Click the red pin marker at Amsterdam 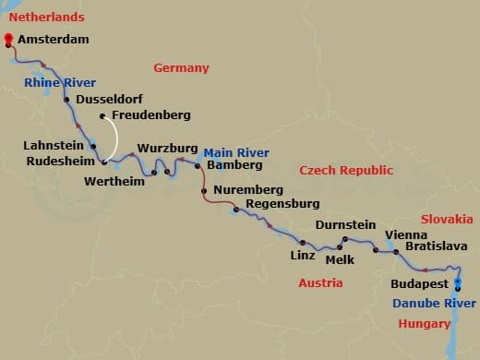coord(9,40)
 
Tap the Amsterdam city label coord(53,39)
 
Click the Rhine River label coord(61,83)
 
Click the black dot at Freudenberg coord(102,115)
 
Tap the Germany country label coord(181,67)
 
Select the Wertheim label coord(115,182)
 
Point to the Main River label coord(236,152)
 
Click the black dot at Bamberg coord(198,166)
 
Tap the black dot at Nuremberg coord(204,191)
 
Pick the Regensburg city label coord(282,203)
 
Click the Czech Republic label coord(346,170)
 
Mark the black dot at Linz coord(302,243)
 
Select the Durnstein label coord(345,224)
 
